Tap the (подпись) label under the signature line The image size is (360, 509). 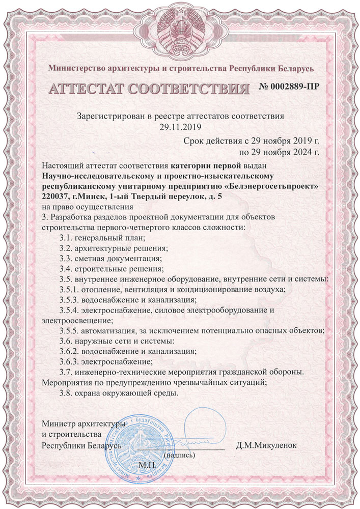click(180, 456)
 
